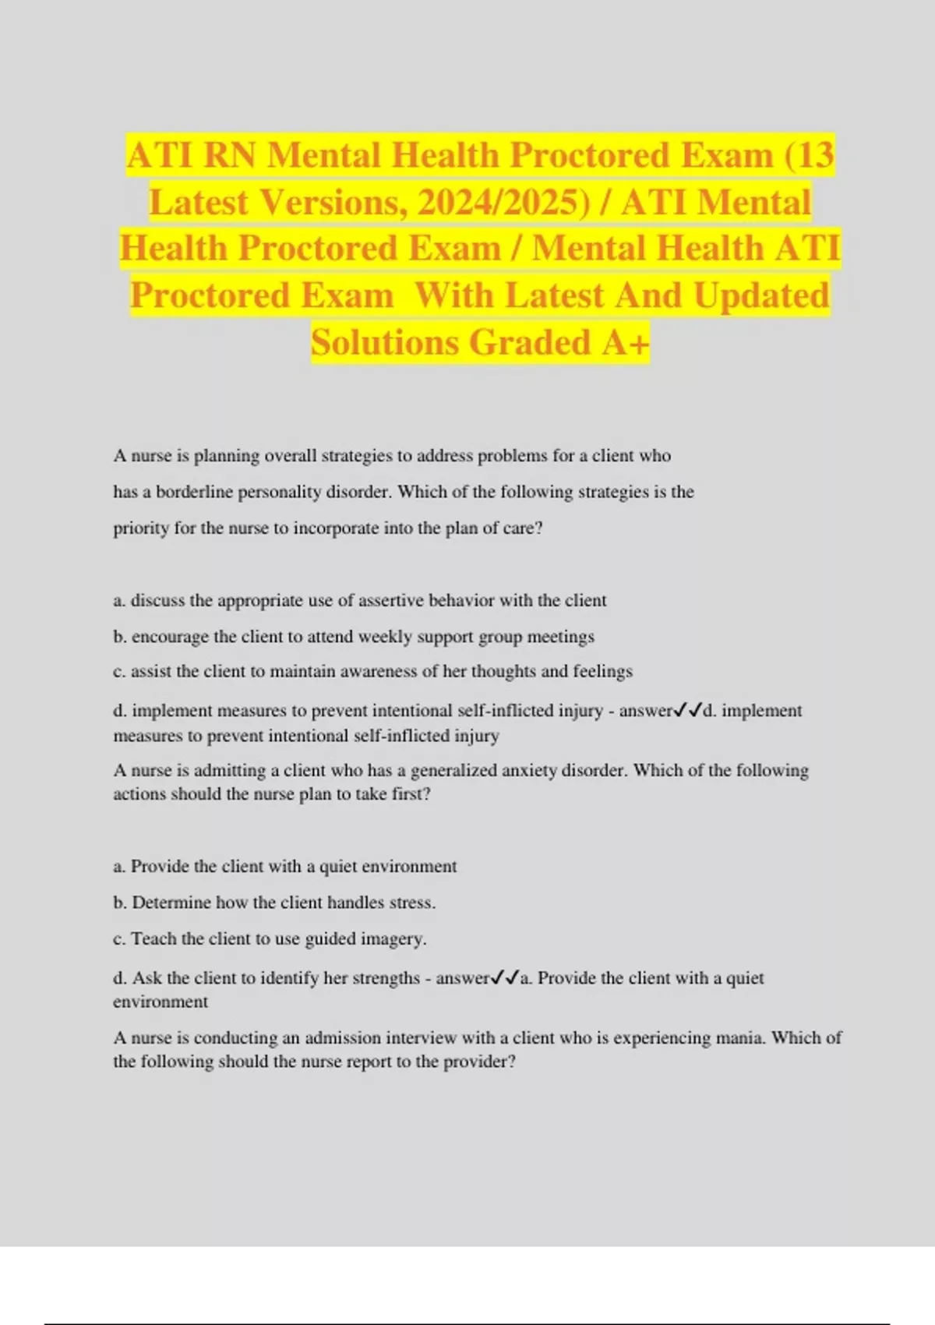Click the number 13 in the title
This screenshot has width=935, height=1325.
coord(815,155)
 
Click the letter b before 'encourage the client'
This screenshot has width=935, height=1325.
coord(118,637)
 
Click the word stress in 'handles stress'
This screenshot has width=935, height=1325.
coord(411,903)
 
